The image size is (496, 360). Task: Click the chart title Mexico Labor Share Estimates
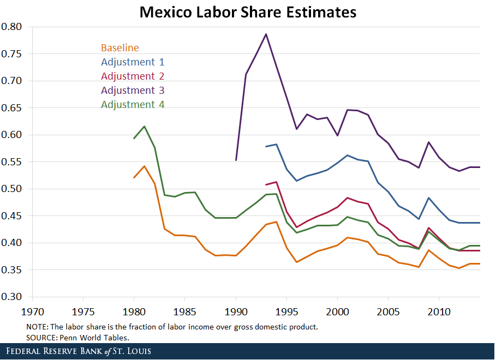coord(248,12)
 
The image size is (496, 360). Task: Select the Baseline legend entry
coord(119,48)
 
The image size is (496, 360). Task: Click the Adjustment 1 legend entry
coord(133,62)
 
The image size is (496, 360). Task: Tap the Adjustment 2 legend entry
coord(133,76)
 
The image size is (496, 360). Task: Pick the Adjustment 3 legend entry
coord(133,91)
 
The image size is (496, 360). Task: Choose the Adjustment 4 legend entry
coord(133,105)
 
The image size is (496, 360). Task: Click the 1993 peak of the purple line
coord(266,34)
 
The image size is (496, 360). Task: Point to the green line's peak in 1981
coord(144,127)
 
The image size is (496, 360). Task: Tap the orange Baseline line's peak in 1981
coord(144,166)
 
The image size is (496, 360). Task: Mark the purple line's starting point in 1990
coord(236,160)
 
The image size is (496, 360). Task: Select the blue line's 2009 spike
coord(429,198)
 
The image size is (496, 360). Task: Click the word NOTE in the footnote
coord(37,327)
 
